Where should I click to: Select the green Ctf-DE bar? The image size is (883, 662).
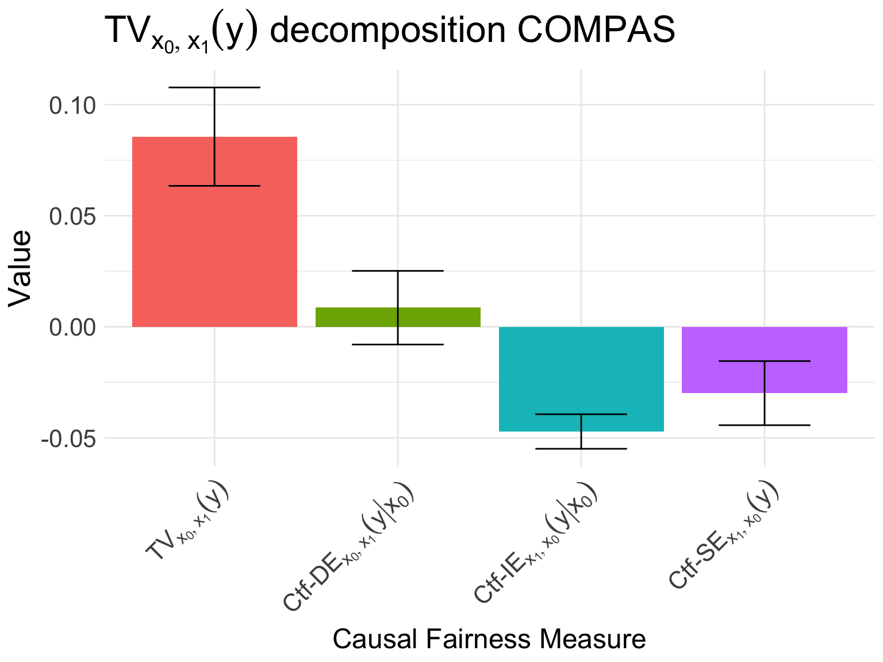356,317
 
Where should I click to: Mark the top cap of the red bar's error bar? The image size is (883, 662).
214,87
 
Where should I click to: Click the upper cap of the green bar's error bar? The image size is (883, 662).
398,271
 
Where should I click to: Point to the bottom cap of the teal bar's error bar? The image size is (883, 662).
581,448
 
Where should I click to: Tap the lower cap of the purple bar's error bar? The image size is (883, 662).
764,425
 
